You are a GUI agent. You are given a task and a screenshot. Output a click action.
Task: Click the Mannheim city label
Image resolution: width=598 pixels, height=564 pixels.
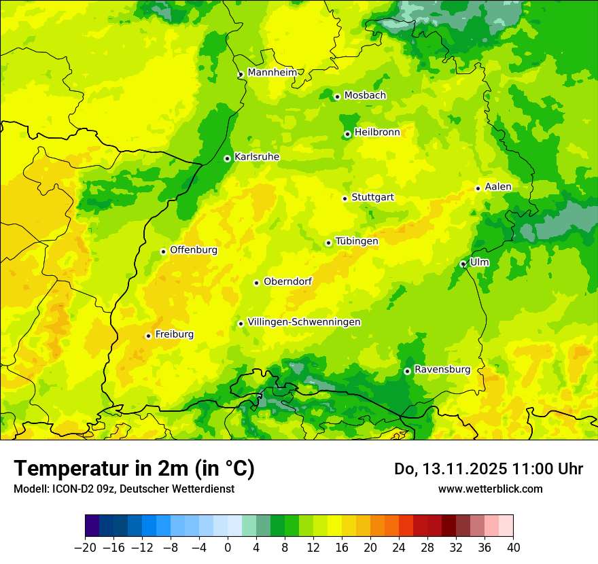point(272,73)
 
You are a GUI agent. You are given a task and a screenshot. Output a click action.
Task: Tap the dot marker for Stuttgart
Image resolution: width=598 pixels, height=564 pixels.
point(345,198)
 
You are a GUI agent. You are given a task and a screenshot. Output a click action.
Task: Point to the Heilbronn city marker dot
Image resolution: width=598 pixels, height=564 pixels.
point(347,134)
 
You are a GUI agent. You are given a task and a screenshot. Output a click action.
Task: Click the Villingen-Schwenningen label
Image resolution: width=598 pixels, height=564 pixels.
point(304,322)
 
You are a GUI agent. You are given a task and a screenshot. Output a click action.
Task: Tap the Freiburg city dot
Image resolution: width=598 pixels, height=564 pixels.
point(148,336)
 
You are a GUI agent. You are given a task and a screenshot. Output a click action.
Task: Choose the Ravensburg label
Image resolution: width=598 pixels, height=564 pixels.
point(442,370)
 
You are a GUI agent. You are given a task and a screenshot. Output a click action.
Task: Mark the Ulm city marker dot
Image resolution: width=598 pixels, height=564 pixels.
point(463,264)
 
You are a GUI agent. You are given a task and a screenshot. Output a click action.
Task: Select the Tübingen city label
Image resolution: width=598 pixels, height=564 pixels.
point(356,241)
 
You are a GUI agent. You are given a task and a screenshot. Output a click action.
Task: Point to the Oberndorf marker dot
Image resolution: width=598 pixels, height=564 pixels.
point(256,283)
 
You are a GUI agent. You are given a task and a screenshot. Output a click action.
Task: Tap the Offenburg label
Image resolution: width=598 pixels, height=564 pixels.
point(193,250)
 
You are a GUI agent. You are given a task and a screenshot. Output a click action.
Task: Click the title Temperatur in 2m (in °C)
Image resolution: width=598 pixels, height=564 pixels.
point(134,469)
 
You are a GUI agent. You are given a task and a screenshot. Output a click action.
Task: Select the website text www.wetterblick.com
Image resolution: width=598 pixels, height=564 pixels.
point(490,489)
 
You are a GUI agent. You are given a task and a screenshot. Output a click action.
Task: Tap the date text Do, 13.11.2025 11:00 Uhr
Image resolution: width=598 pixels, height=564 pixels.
point(488,469)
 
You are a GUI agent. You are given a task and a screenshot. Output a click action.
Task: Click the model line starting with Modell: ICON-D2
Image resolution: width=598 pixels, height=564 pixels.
point(124,489)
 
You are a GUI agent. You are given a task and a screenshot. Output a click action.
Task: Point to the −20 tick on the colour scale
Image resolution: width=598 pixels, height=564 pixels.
point(85,547)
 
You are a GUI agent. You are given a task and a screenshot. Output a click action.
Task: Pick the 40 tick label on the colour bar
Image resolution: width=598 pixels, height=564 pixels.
point(513,547)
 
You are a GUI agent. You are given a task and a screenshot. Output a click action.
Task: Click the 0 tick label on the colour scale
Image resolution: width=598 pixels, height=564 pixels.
point(228,547)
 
